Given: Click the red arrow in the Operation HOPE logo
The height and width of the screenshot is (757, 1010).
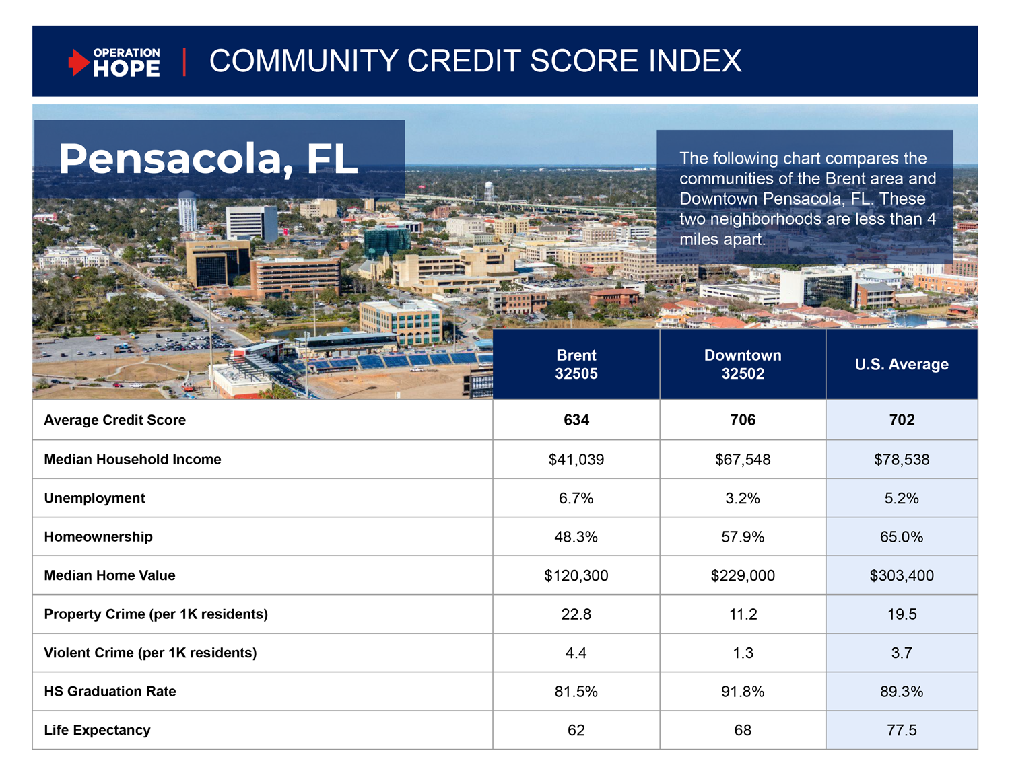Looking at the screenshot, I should click(x=79, y=63).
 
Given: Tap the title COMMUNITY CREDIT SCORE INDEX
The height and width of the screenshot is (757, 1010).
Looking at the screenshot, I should click(x=475, y=61).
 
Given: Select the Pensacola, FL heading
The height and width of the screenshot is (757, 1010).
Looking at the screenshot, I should click(x=208, y=159).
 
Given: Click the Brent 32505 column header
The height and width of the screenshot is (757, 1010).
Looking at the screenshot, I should click(x=576, y=364).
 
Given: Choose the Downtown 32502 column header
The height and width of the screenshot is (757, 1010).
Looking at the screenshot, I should click(x=743, y=364).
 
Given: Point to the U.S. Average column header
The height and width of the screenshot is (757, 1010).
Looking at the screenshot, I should click(x=902, y=364).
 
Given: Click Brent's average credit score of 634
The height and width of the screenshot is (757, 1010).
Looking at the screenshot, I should click(x=576, y=420).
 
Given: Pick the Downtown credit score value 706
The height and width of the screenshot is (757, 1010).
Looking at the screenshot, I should click(x=743, y=420).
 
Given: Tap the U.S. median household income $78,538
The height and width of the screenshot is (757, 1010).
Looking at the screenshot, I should click(x=902, y=460).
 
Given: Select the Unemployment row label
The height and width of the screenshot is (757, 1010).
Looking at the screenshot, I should click(x=94, y=498).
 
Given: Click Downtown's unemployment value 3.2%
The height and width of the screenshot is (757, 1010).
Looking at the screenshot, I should click(x=743, y=498).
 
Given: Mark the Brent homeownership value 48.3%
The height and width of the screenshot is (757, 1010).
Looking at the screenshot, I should click(x=576, y=537).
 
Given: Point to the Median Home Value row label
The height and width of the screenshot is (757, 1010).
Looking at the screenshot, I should click(x=110, y=575).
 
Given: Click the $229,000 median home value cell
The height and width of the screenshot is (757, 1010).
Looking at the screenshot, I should click(x=743, y=575).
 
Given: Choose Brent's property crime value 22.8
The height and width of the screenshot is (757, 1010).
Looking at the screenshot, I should click(x=576, y=614).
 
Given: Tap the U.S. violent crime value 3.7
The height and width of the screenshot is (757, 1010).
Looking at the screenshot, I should click(x=902, y=653).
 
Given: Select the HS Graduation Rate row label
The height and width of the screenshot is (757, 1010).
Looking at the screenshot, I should click(x=110, y=692).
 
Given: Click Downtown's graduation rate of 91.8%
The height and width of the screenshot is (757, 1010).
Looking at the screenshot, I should click(x=743, y=692).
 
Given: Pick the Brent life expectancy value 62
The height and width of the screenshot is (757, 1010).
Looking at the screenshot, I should click(x=576, y=730).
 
